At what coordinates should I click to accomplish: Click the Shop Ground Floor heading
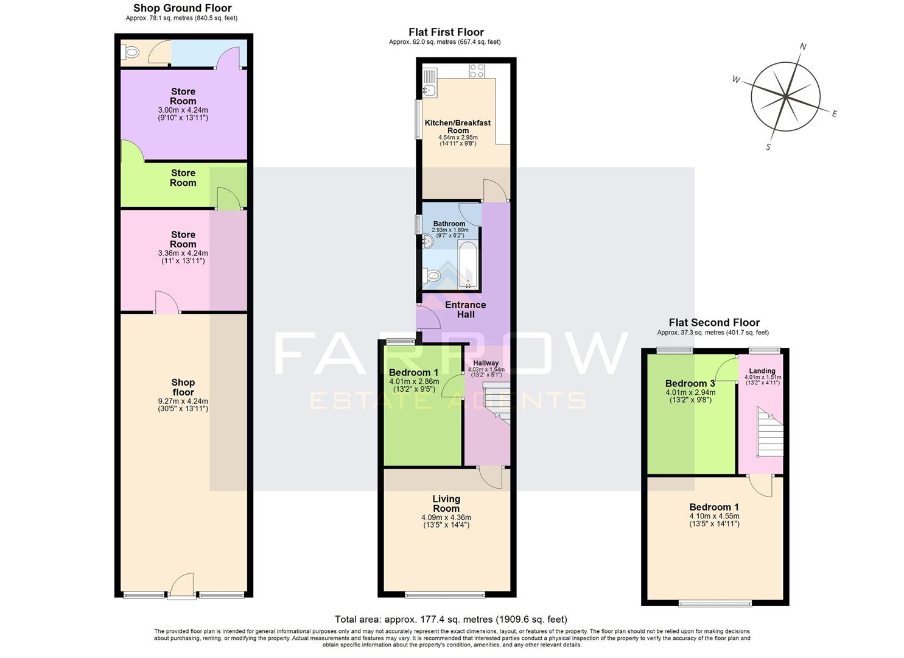coord(183,8)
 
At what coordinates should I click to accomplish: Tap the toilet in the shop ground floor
coord(130,53)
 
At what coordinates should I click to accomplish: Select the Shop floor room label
coord(183,387)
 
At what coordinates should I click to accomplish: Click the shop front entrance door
coord(182,585)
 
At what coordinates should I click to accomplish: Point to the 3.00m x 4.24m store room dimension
coord(183,110)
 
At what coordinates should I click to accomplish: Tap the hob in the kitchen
coord(477,71)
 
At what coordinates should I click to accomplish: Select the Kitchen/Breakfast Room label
coord(458,126)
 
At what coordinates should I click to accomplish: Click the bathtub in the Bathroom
coord(468,266)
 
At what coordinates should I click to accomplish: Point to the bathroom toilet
coord(432,276)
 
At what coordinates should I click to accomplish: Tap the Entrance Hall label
coord(466,310)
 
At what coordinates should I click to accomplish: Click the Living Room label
coord(446,503)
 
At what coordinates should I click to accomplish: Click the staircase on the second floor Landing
coord(769,432)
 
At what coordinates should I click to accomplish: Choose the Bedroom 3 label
coord(690,383)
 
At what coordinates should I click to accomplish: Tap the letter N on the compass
coord(803,46)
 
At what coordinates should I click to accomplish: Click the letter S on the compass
coord(768,147)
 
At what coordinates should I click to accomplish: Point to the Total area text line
coord(451,619)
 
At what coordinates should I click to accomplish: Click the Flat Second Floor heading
coord(714,323)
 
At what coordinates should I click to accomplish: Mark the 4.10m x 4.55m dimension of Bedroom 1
coord(714,516)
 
